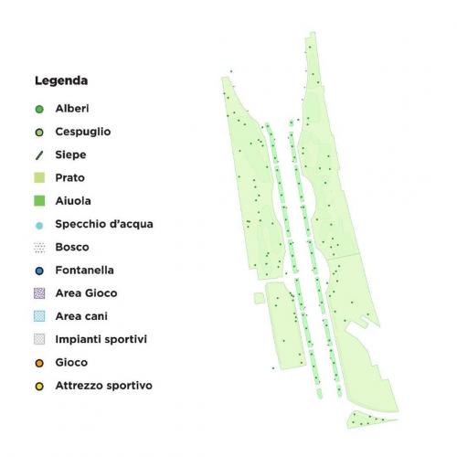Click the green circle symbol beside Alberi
coord(39,109)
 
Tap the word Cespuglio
coord(82,132)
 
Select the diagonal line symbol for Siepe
coord(39,154)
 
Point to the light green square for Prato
coord(39,177)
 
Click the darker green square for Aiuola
coord(39,200)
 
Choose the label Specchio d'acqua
coord(103,224)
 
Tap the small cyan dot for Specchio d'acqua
coord(39,225)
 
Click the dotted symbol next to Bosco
coord(39,247)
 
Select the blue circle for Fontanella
coord(39,271)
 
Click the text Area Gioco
coord(85,293)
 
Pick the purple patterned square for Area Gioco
coord(39,293)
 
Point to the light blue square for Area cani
coord(39,316)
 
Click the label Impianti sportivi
coord(101,339)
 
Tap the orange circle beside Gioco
coord(39,363)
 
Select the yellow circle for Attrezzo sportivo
coord(39,386)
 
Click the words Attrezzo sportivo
coord(103,386)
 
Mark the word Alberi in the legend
coord(71,109)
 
